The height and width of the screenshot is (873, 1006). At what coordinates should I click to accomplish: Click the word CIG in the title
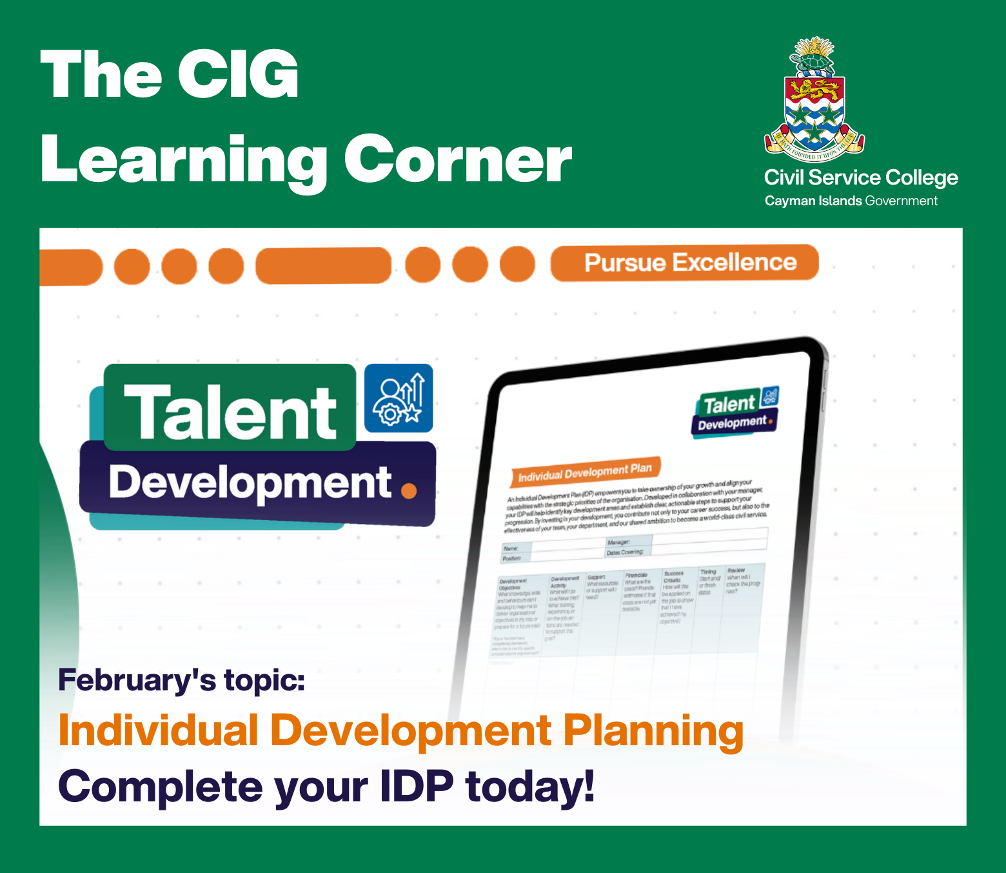239,75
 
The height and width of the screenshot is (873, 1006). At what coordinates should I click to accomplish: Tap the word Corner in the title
458,160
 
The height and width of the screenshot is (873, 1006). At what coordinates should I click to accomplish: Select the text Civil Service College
861,177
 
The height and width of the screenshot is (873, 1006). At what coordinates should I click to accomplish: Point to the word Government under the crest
901,201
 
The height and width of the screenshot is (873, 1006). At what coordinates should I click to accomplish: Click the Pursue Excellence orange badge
684,263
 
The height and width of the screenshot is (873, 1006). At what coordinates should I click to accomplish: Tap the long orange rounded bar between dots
323,266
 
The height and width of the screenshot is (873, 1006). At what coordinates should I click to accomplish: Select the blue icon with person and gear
399,398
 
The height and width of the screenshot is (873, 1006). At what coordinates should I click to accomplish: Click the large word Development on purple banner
250,483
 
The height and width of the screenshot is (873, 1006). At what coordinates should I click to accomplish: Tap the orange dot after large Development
409,491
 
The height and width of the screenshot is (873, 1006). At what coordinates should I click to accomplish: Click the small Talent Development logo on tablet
736,412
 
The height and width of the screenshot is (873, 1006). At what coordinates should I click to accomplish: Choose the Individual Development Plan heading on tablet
584,472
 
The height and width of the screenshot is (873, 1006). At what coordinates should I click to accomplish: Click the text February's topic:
181,680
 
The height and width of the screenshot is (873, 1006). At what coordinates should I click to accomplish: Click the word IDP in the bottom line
417,787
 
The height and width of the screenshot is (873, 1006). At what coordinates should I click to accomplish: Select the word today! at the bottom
529,787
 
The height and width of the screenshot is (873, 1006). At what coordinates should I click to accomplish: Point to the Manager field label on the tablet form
618,543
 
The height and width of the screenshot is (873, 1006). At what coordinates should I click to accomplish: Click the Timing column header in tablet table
708,572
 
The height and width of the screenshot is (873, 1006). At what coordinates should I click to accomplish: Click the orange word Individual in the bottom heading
158,731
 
